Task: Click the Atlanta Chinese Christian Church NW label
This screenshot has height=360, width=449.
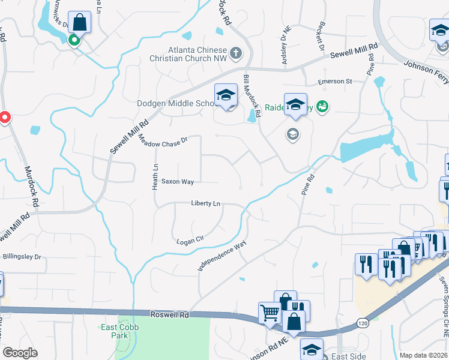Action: pyautogui.click(x=189, y=53)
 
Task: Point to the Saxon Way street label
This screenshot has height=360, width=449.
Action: pyautogui.click(x=177, y=181)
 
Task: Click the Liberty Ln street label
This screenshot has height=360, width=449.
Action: pyautogui.click(x=206, y=204)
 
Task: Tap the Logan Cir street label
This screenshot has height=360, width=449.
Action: pyautogui.click(x=191, y=241)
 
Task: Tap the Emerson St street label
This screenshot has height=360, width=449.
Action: pyautogui.click(x=335, y=82)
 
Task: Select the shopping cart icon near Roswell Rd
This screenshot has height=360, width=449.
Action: pyautogui.click(x=269, y=312)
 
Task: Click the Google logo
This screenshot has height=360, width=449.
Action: pyautogui.click(x=20, y=353)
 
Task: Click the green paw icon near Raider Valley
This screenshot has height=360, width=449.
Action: pyautogui.click(x=322, y=107)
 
